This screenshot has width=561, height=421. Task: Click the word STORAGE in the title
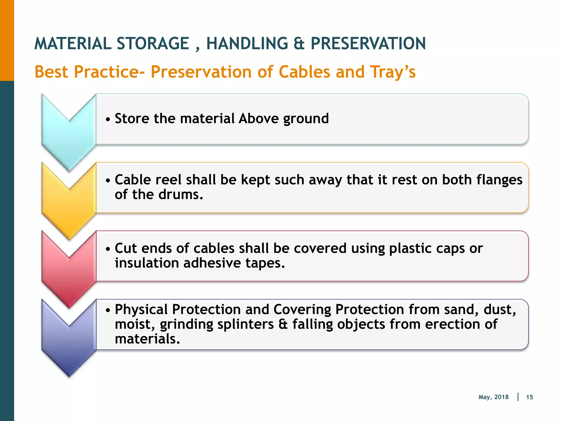pyautogui.click(x=153, y=44)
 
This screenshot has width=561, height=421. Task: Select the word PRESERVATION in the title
pyautogui.click(x=368, y=44)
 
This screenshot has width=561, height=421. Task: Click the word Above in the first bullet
pyautogui.click(x=259, y=118)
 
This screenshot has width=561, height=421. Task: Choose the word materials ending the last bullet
pyautogui.click(x=147, y=339)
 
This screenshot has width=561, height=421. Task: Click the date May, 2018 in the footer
pyautogui.click(x=493, y=397)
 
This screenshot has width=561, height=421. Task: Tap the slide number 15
pyautogui.click(x=529, y=397)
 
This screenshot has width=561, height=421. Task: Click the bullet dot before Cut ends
pyautogui.click(x=108, y=249)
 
